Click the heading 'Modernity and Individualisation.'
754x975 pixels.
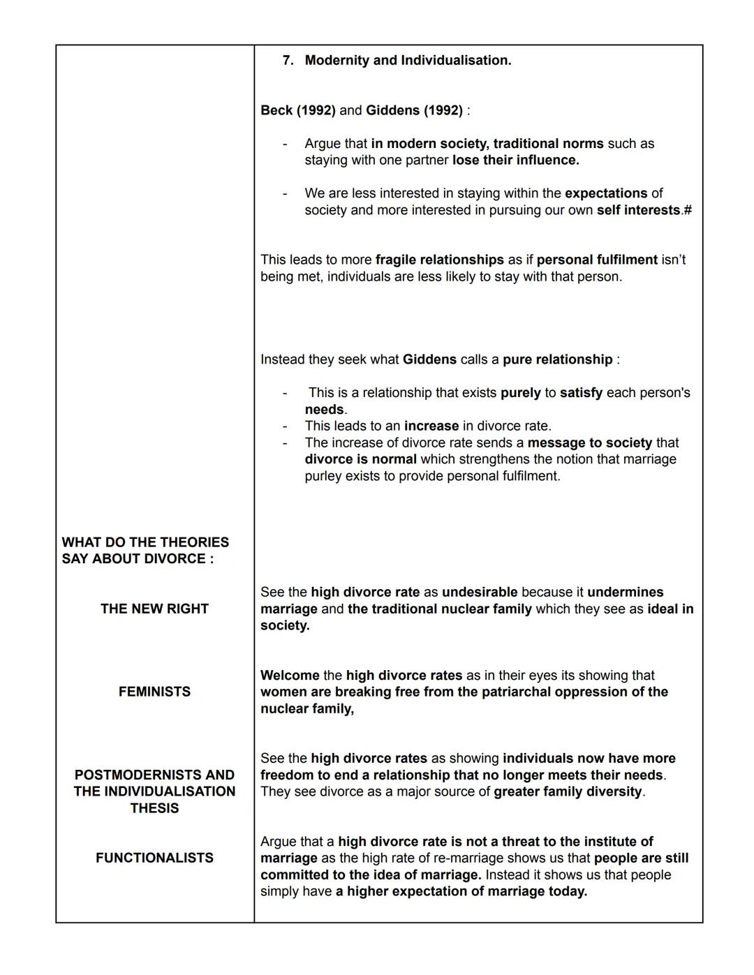[x=408, y=61]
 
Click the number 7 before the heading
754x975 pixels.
[x=287, y=61]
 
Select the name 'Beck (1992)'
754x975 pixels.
[x=297, y=110]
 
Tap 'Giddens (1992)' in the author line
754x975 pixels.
[x=414, y=110]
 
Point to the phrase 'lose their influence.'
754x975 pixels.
[x=515, y=160]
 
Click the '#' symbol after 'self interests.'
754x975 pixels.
[x=688, y=210]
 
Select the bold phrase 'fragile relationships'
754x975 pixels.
[x=439, y=260]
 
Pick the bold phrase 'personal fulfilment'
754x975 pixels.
[x=597, y=260]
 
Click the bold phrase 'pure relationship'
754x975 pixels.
[x=557, y=359]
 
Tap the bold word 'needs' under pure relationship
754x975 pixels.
[x=324, y=410]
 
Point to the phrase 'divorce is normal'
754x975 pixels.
[x=360, y=459]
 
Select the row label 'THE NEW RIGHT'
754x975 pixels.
[x=154, y=609]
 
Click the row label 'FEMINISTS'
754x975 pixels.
[x=154, y=692]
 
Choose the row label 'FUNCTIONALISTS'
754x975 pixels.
[x=154, y=858]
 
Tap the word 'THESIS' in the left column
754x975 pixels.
[x=154, y=808]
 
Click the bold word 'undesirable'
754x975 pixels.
[x=480, y=592]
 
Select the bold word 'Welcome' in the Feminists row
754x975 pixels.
[x=290, y=675]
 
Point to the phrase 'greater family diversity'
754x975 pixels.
[x=567, y=791]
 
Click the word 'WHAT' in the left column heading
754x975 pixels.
[x=82, y=542]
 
